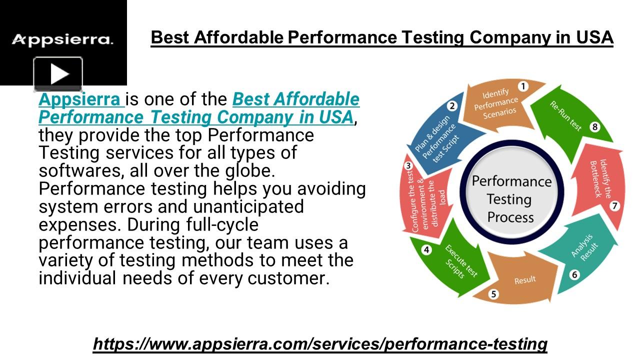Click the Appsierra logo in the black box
click(x=62, y=39)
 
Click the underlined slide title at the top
click(x=382, y=37)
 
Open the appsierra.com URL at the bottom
click(x=320, y=343)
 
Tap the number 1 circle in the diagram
click(x=523, y=86)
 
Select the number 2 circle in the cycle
click(x=452, y=105)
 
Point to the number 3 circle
click(x=408, y=166)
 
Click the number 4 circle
click(x=426, y=249)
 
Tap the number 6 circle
click(x=574, y=274)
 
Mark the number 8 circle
click(x=594, y=127)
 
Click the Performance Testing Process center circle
click(x=511, y=199)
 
